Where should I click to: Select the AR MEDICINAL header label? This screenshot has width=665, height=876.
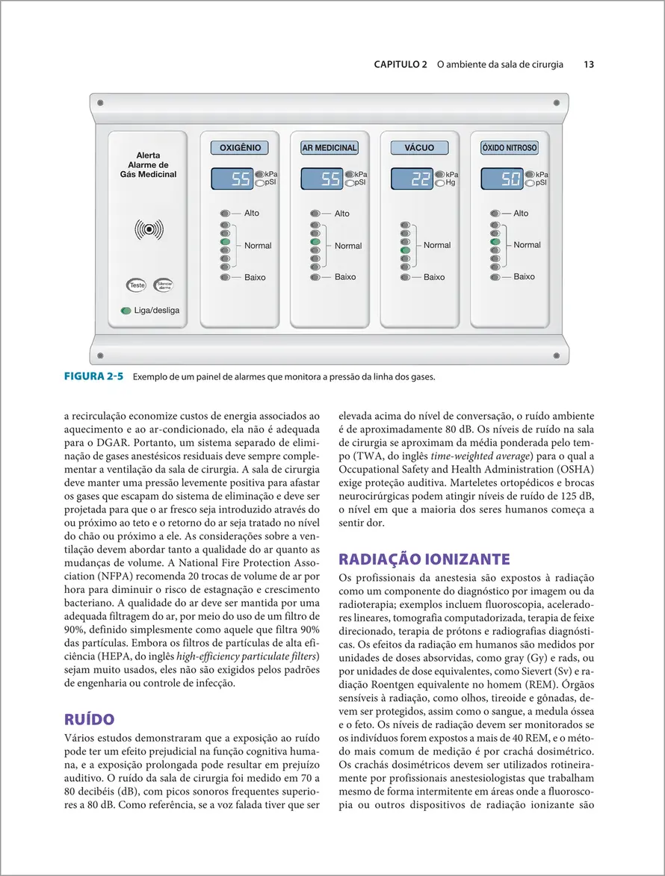click(x=329, y=148)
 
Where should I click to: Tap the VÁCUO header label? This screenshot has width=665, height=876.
click(x=419, y=148)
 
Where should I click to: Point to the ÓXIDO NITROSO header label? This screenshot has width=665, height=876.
click(x=509, y=148)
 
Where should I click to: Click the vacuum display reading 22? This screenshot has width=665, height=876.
click(x=411, y=178)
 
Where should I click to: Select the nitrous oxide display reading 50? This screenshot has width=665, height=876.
click(x=501, y=178)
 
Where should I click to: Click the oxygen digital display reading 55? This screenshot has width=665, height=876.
click(x=232, y=178)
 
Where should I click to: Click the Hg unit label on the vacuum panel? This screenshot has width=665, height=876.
click(x=451, y=182)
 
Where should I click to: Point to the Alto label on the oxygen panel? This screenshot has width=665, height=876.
click(x=252, y=213)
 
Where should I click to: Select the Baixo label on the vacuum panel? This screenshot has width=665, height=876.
click(x=434, y=277)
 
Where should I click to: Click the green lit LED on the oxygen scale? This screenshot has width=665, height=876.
click(x=225, y=242)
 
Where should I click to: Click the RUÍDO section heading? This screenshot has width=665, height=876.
click(x=90, y=719)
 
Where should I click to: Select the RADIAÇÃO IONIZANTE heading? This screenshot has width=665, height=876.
click(x=424, y=559)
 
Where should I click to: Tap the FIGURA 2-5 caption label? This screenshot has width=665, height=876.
click(x=93, y=376)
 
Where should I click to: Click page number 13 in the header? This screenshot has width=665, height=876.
click(x=589, y=65)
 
